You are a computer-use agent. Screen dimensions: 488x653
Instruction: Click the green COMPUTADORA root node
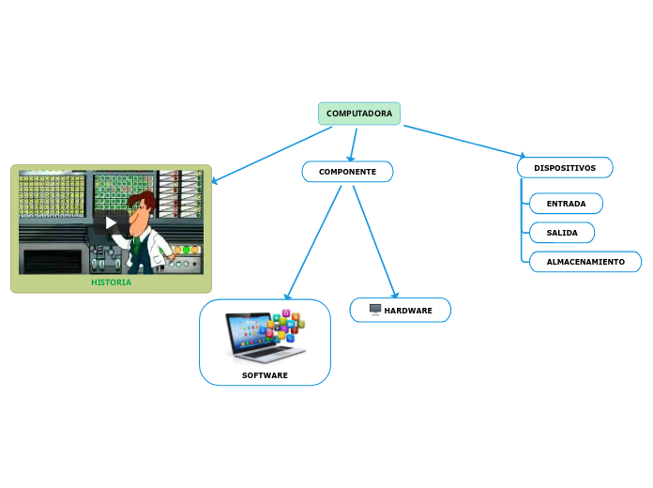click(x=359, y=114)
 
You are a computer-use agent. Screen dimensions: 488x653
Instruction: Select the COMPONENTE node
click(x=347, y=172)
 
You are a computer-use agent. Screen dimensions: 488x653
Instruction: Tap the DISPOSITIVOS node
click(x=565, y=168)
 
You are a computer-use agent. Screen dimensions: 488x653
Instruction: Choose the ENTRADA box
click(x=566, y=204)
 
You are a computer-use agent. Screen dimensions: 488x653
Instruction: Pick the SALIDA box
click(x=561, y=232)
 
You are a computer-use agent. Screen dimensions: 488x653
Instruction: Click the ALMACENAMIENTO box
click(x=585, y=262)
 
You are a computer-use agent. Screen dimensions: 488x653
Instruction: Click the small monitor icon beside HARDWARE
click(x=375, y=310)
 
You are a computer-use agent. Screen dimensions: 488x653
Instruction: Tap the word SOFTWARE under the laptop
click(x=265, y=375)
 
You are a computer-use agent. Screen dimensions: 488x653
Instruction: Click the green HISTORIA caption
click(x=111, y=282)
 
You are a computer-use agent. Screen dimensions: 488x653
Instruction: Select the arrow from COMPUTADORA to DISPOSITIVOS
click(x=464, y=141)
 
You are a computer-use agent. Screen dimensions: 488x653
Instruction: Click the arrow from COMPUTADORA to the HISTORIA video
click(x=272, y=155)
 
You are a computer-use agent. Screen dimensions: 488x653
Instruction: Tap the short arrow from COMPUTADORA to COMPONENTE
click(x=353, y=144)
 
